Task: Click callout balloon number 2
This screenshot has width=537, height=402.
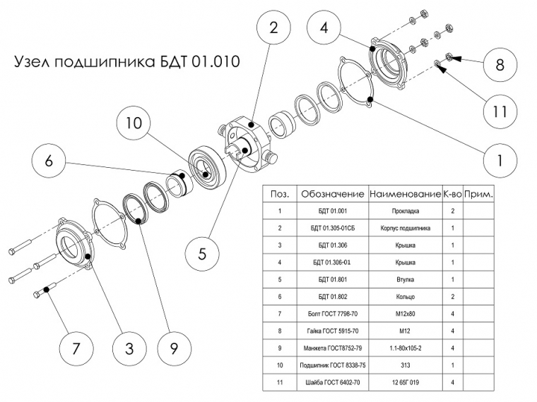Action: pyautogui.click(x=273, y=29)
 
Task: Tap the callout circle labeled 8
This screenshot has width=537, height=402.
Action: pyautogui.click(x=500, y=65)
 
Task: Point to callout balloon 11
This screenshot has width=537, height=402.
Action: pyautogui.click(x=500, y=111)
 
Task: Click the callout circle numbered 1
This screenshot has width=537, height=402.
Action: pyautogui.click(x=500, y=160)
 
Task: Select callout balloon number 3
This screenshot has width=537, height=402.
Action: pyautogui.click(x=129, y=347)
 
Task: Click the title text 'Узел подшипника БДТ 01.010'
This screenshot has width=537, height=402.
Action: pyautogui.click(x=127, y=62)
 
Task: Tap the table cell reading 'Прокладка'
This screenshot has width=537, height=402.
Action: pyautogui.click(x=405, y=211)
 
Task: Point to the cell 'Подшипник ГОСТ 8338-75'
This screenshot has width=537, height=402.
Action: pyautogui.click(x=332, y=364)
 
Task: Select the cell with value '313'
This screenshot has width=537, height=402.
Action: pyautogui.click(x=405, y=364)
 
